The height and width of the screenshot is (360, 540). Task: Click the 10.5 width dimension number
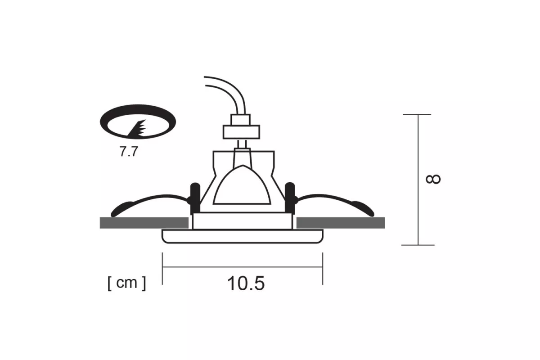click(x=246, y=283)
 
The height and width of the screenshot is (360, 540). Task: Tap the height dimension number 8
click(x=433, y=179)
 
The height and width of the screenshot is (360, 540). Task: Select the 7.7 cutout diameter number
click(x=129, y=152)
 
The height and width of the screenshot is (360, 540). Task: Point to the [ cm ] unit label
click(x=127, y=283)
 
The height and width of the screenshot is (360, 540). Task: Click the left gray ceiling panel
click(x=144, y=223)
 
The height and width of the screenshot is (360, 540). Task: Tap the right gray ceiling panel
click(x=341, y=223)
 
